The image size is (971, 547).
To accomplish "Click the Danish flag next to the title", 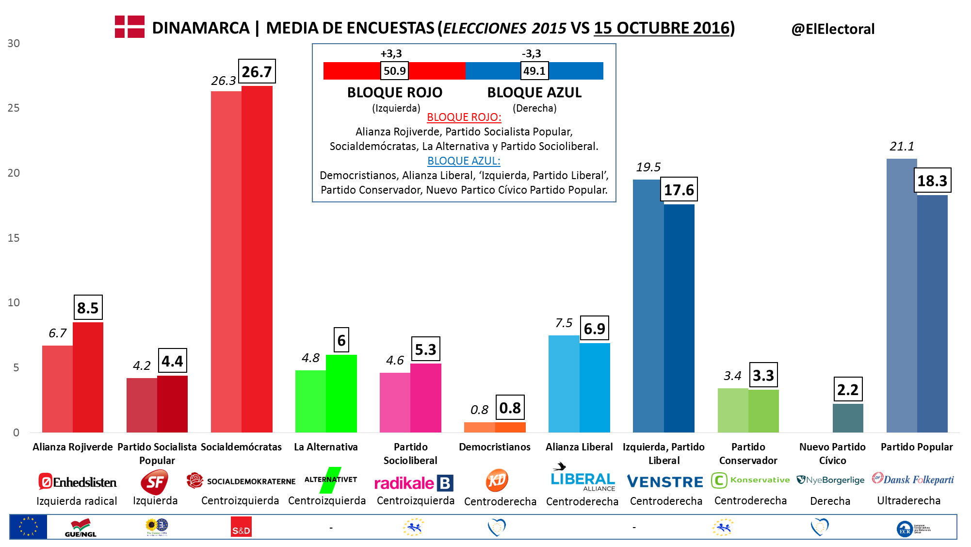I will [x=129, y=27].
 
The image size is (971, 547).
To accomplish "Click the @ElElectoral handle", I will [x=833, y=29].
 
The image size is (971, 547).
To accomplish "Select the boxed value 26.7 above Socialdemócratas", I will [x=257, y=72].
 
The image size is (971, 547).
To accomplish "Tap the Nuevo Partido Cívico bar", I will [x=848, y=418].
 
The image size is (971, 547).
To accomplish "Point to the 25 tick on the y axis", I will [x=14, y=108].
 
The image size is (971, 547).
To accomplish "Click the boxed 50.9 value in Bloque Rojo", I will [x=394, y=71].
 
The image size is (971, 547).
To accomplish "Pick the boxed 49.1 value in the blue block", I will [x=534, y=71].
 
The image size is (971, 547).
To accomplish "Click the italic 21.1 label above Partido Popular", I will [x=902, y=146].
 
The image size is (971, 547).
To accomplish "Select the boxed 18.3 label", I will [x=932, y=181].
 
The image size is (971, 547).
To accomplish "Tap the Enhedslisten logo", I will [x=78, y=482].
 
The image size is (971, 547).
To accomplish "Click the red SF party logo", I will [x=154, y=482].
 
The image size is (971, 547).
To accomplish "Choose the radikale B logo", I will [x=414, y=483].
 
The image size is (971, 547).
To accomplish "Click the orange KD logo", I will [x=497, y=481].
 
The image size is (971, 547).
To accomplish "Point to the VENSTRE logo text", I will [x=665, y=482].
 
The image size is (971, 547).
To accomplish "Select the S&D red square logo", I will [x=241, y=527].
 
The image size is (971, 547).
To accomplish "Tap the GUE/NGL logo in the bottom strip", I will [x=81, y=528].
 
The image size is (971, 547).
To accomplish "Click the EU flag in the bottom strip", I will [x=28, y=527].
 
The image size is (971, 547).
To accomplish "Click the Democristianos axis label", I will [x=495, y=447].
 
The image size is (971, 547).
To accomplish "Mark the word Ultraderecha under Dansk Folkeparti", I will [x=908, y=500].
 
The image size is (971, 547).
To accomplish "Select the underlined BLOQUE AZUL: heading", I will [x=464, y=161].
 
